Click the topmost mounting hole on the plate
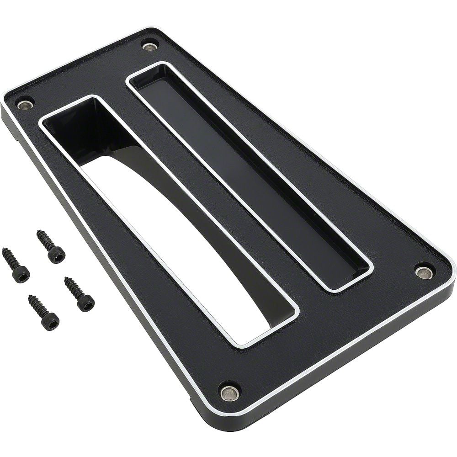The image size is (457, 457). click(x=150, y=46)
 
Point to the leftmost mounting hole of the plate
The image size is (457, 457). click(x=25, y=105)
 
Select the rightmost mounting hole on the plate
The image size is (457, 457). click(x=424, y=272)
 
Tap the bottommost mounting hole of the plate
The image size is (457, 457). click(x=229, y=392)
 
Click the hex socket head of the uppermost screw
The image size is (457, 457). click(x=57, y=255)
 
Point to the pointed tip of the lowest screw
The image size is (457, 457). click(x=30, y=298)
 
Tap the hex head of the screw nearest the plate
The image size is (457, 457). click(x=86, y=303)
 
